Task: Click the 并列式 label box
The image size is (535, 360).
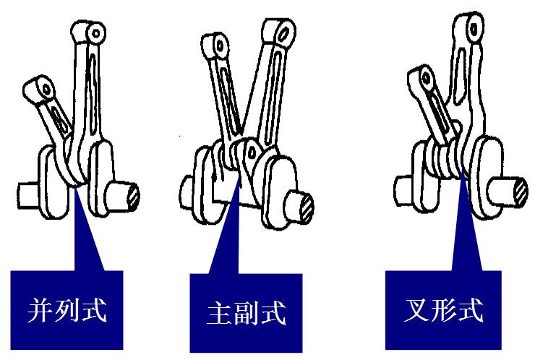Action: pos(67,310)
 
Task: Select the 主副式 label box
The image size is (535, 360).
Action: pos(246,312)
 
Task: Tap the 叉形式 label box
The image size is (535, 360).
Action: pos(443,310)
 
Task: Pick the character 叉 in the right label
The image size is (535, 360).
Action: pos(416,310)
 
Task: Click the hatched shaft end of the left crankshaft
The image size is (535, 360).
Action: pos(133,196)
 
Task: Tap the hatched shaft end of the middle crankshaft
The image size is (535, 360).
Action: pos(307,207)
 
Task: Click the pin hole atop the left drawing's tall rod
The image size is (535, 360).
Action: pos(97,33)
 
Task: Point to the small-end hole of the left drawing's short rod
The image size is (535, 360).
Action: pos(46,90)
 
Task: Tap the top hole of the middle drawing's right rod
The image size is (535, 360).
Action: pos(283,33)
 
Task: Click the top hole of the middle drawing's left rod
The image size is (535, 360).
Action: pos(220,46)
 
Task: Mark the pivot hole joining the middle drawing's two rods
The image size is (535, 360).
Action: pos(252,152)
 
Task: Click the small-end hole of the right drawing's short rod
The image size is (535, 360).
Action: pos(426,79)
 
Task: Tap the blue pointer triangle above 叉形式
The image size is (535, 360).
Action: pos(466,222)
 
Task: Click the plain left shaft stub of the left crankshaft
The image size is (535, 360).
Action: pos(29,195)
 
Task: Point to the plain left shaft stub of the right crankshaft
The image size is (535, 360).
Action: pos(403,190)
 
